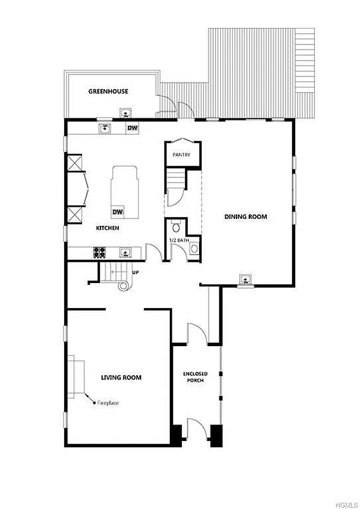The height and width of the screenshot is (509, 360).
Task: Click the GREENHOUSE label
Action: (107, 92)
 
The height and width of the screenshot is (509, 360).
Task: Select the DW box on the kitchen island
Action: (118, 212)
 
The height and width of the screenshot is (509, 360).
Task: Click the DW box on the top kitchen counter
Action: (132, 128)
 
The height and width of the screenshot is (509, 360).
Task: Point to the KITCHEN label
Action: (107, 228)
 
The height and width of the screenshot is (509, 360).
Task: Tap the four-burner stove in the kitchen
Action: (100, 251)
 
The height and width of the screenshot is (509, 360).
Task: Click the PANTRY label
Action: (177, 155)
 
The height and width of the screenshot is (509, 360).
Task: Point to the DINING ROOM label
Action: (246, 217)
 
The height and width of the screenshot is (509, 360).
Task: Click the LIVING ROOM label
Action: (121, 377)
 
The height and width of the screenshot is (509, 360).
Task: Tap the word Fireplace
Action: (108, 403)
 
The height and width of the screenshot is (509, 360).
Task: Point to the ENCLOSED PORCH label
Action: (193, 377)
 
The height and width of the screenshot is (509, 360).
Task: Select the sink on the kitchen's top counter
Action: (104, 128)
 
